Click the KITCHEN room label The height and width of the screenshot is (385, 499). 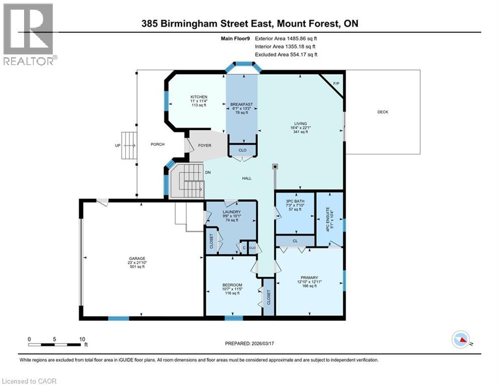[x=199, y=97]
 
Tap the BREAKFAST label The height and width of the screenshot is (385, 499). [x=241, y=104]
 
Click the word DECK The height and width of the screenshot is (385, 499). [x=383, y=112]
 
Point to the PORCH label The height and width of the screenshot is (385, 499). [x=157, y=144]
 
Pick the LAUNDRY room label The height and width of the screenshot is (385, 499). [x=231, y=212]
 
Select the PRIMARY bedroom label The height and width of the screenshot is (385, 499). [x=309, y=277]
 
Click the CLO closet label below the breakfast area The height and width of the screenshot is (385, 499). [x=242, y=150]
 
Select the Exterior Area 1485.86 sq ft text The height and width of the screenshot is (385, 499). [x=286, y=38]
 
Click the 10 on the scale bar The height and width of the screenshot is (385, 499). [x=81, y=338]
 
